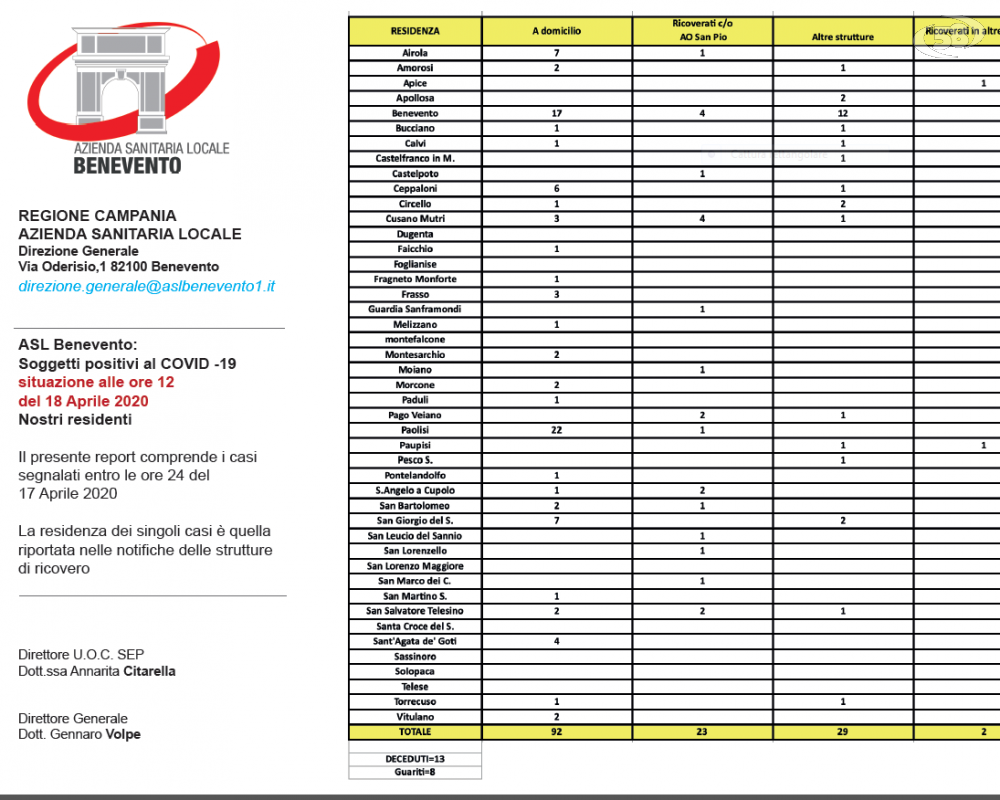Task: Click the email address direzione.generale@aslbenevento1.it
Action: pos(147,286)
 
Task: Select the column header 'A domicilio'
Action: pos(556,31)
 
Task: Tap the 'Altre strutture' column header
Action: pos(843,37)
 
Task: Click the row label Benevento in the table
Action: pos(415,114)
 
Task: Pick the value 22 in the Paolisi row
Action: pos(557,430)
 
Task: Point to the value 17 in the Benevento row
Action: pos(557,114)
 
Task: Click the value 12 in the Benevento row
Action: pos(843,114)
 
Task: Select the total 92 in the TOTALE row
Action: pos(557,732)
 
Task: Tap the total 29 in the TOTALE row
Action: pos(843,732)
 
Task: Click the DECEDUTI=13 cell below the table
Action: pos(415,759)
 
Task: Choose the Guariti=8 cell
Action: pos(415,772)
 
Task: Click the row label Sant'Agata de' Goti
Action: pos(415,641)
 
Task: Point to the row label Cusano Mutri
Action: pos(415,219)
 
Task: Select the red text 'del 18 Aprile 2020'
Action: pos(83,401)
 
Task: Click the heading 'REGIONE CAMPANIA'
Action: pos(97,215)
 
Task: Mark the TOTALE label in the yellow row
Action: pos(415,732)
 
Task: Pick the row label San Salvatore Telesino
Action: pos(415,611)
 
